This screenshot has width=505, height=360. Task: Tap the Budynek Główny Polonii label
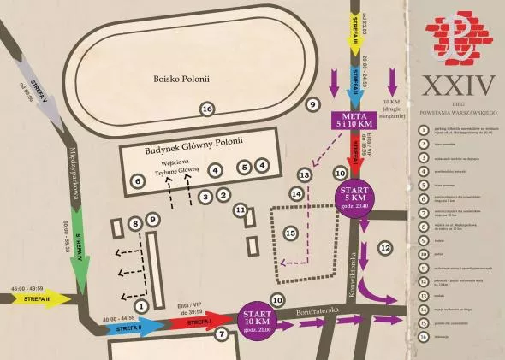pyautogui.click(x=196, y=141)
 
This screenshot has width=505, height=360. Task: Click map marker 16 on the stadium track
pyautogui.click(x=206, y=109)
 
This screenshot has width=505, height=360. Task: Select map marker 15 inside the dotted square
pyautogui.click(x=290, y=233)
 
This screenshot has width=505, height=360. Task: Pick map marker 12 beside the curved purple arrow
pyautogui.click(x=385, y=247)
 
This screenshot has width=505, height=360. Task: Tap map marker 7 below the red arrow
pyautogui.click(x=222, y=333)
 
